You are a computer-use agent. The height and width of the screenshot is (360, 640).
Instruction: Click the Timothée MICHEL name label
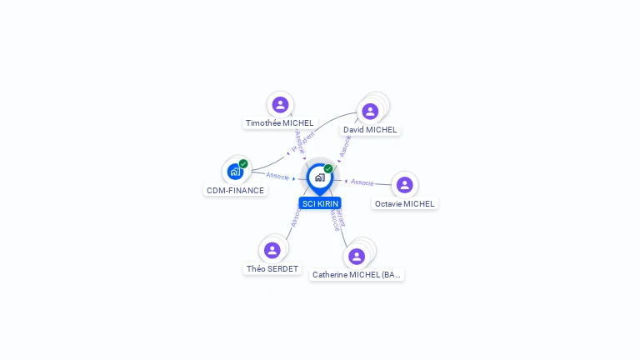tap(279, 123)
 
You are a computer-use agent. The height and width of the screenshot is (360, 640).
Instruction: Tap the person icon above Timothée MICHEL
tap(280, 104)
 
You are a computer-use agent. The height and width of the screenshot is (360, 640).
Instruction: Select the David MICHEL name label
tap(370, 130)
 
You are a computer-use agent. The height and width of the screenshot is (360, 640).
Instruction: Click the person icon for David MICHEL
tap(370, 111)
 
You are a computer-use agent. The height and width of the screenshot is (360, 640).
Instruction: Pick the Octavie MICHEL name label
tap(404, 203)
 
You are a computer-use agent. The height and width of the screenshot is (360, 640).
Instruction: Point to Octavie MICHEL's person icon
tap(404, 184)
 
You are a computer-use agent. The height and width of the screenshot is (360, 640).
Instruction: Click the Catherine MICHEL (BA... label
tap(357, 274)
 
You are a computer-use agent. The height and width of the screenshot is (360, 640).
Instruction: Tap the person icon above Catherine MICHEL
tap(357, 256)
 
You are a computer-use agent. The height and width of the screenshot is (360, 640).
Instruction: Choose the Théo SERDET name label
tap(272, 269)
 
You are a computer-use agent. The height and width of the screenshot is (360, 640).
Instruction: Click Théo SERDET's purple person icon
tap(272, 250)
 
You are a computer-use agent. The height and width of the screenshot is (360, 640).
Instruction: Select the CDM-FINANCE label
tap(235, 190)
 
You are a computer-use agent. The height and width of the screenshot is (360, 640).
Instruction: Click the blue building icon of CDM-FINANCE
tap(235, 172)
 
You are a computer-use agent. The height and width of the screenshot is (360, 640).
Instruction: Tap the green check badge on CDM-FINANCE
tap(243, 164)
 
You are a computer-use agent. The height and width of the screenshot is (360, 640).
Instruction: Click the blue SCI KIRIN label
tap(320, 203)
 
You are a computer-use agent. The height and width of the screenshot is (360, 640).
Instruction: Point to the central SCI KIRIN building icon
tap(319, 177)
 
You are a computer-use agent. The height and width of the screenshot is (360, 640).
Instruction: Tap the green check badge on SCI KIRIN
tap(328, 169)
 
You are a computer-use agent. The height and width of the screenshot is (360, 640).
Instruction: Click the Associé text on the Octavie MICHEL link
tap(362, 182)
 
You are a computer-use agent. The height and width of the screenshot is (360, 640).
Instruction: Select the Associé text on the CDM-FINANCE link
tap(277, 176)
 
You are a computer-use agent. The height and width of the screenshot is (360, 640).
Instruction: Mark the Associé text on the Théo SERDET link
tap(296, 217)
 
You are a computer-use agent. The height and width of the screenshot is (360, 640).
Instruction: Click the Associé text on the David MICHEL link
tap(345, 146)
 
